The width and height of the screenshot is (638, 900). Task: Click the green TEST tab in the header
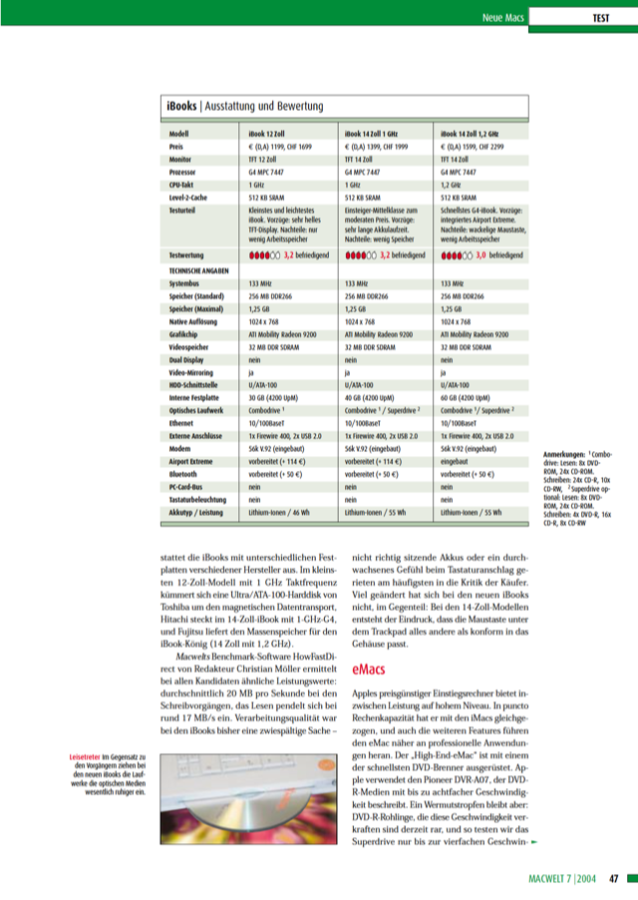point(600,17)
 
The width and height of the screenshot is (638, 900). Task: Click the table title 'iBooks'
point(181,105)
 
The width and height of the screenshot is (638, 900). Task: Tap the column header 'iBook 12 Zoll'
point(271,133)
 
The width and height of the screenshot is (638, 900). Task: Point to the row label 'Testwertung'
point(189,256)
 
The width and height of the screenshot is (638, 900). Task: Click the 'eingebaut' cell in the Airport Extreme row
point(458,463)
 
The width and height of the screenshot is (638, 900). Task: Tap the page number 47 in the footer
point(616,880)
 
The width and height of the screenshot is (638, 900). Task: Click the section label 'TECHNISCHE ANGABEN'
point(203,269)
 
